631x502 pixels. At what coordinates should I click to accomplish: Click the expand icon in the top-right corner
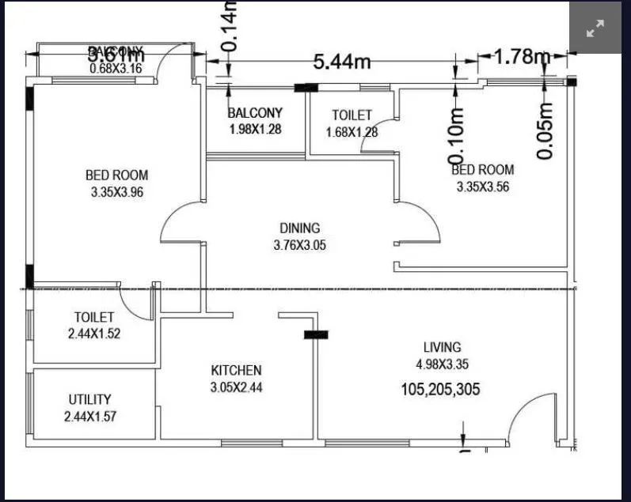[595, 29]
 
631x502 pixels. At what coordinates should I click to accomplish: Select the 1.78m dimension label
[522, 56]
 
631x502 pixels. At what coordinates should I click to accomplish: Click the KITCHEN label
[236, 370]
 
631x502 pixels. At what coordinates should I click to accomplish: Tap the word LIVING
[442, 347]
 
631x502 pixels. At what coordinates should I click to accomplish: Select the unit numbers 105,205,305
[440, 389]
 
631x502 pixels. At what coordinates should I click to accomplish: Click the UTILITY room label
[89, 399]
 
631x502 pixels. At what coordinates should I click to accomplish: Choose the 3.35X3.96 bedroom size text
[116, 192]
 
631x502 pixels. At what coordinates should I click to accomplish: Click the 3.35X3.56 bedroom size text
[485, 187]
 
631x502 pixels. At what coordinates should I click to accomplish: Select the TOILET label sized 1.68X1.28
[352, 115]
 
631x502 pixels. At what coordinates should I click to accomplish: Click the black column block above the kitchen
[316, 335]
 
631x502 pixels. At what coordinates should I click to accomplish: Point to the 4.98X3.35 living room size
[442, 364]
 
